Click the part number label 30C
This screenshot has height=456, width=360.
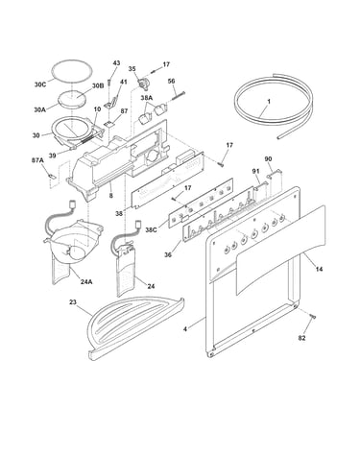(x=40, y=84)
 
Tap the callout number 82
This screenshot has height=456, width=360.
(x=301, y=338)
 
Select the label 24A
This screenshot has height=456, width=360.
(x=86, y=282)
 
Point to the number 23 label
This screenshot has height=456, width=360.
(x=73, y=302)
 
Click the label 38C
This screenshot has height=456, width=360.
(x=151, y=229)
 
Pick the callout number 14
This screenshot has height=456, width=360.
(x=319, y=269)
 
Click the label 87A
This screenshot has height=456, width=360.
(x=37, y=161)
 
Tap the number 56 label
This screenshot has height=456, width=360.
(x=172, y=81)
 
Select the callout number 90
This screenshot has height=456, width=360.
(x=268, y=159)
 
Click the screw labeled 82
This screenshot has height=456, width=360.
(x=313, y=316)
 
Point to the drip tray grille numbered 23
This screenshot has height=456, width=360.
(x=135, y=325)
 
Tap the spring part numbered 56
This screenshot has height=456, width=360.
(x=179, y=95)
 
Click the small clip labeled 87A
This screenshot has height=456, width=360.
(x=52, y=175)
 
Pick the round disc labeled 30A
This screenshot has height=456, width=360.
(x=73, y=98)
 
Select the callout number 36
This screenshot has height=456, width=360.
(x=168, y=254)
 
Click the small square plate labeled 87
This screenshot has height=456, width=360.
(x=108, y=123)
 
